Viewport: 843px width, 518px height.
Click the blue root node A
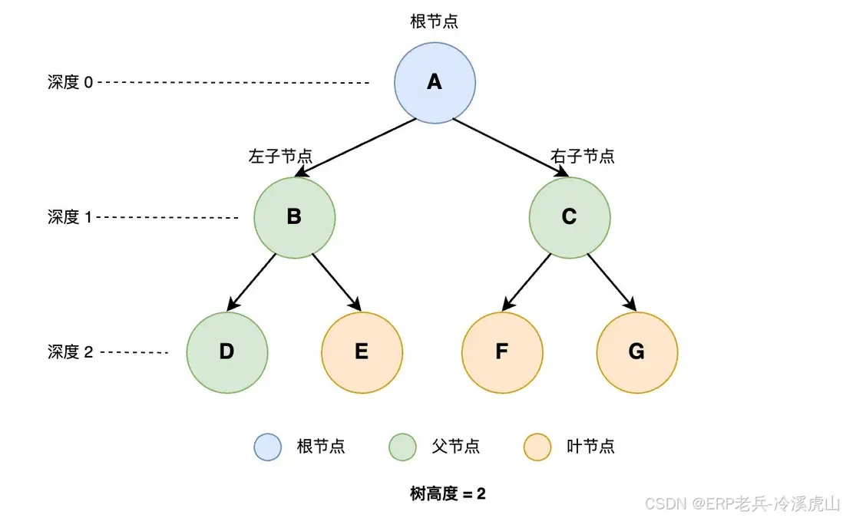coord(435,82)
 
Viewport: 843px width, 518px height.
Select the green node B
coord(294,217)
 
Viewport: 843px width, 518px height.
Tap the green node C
coord(569,217)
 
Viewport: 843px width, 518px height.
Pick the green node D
coord(226,352)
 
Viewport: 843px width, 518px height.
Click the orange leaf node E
coord(362,352)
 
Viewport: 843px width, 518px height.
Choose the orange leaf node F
coord(501,352)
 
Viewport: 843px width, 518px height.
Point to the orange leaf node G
coord(636,352)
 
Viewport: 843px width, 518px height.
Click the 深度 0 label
coord(70,82)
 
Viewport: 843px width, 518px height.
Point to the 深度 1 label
coord(70,217)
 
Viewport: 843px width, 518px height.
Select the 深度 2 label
coord(70,352)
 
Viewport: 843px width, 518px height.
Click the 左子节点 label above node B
coord(280,156)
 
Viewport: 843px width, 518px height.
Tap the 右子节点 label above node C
coord(583,156)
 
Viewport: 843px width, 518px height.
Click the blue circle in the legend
coord(268,447)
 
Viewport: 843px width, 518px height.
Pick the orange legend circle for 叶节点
coord(537,447)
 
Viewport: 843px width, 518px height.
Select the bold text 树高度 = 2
coord(448,493)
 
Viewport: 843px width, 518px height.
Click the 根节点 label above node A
coord(435,21)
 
